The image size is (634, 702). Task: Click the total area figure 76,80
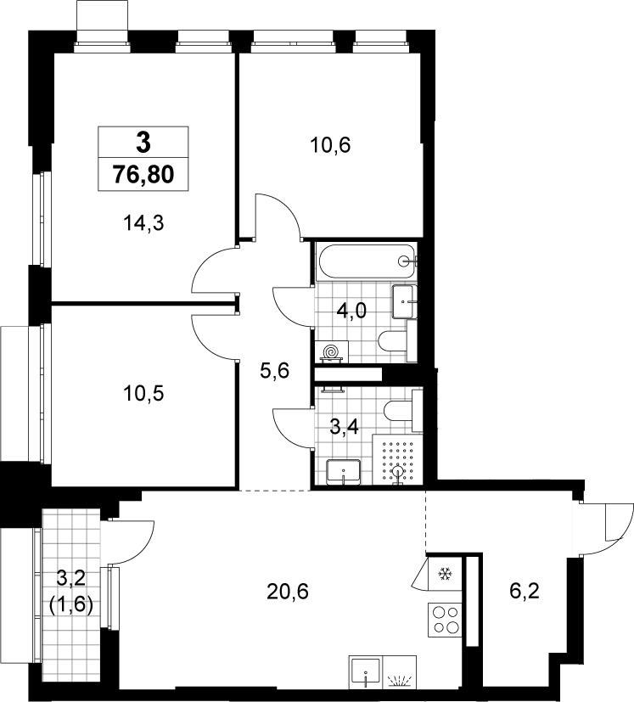coord(143,174)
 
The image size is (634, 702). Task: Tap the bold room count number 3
coord(143,143)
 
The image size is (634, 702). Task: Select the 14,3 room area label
coord(144,222)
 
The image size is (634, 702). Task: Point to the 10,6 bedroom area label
coord(330,145)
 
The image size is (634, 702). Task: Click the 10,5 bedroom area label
coord(144,393)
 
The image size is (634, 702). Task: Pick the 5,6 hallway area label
coord(274,371)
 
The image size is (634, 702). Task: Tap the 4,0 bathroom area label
coord(352,310)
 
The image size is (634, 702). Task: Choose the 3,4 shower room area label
coord(345,427)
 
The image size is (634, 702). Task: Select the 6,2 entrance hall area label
coord(525,591)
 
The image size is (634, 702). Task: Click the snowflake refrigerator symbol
coord(445,574)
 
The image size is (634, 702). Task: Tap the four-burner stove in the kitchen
coord(445,619)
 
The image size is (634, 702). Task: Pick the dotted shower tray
coord(397,459)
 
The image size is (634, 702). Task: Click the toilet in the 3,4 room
coord(403,411)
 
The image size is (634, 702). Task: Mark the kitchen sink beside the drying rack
coord(366,671)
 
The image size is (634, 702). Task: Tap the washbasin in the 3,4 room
coord(344,471)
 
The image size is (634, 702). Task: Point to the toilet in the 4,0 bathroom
coord(398,340)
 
